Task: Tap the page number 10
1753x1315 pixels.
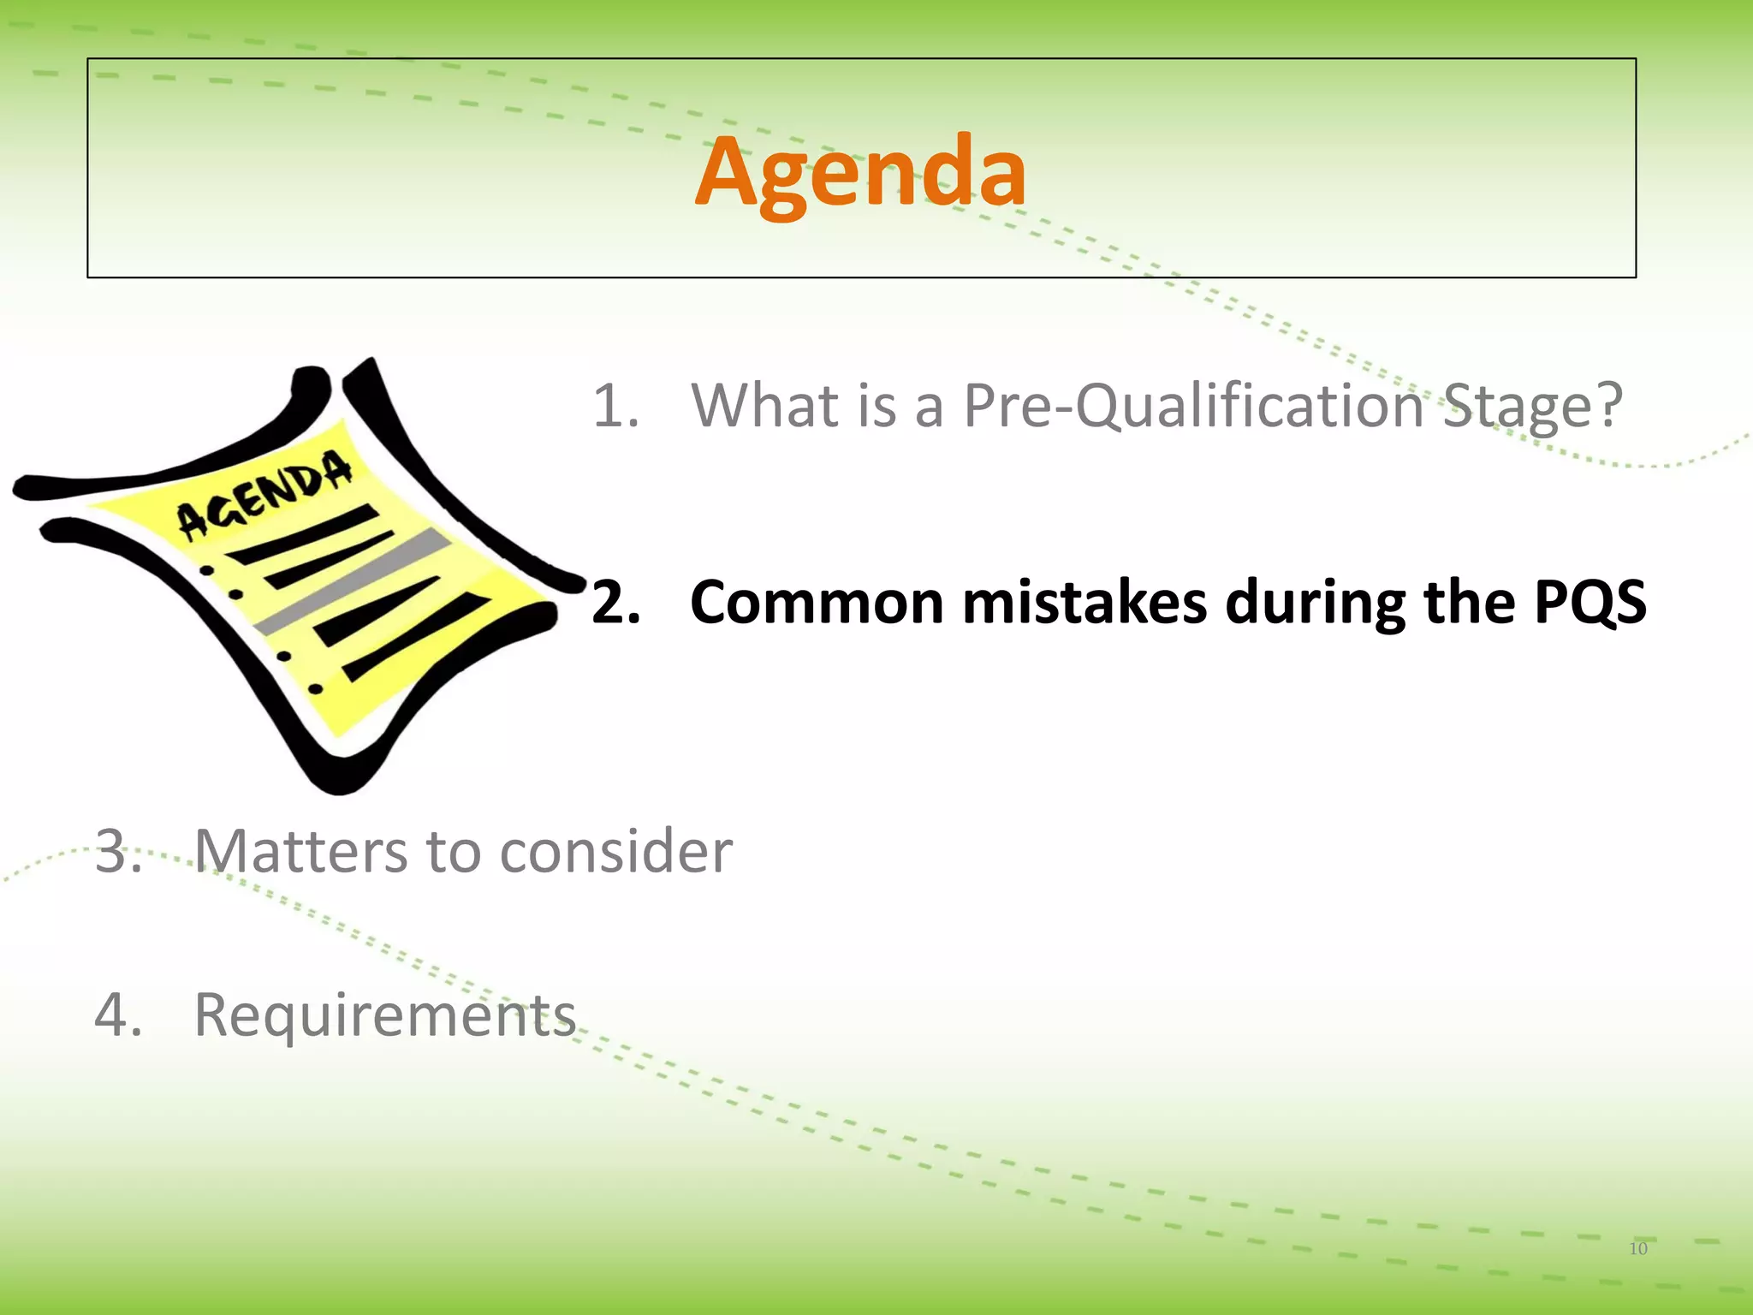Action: (x=1637, y=1248)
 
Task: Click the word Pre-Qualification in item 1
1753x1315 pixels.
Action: (x=1193, y=405)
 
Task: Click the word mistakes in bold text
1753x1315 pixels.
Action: (x=1084, y=602)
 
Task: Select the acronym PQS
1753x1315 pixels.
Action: (x=1590, y=602)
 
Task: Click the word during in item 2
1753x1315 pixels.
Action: (x=1315, y=602)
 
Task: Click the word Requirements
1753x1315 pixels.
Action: (x=385, y=1015)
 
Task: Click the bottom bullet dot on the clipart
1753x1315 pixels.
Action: (x=315, y=688)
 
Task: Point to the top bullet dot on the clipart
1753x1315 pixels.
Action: (x=206, y=570)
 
